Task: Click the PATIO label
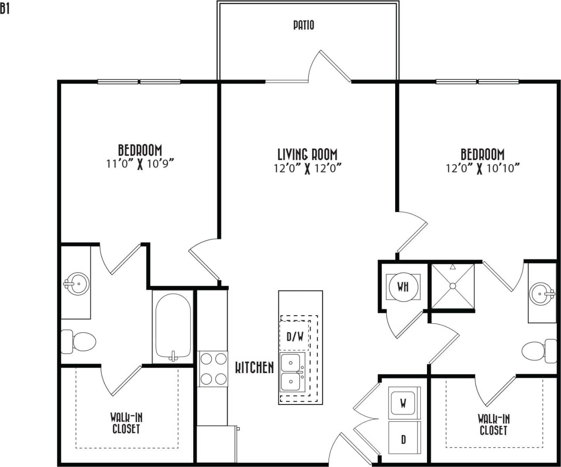coord(304,25)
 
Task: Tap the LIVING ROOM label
coord(307,154)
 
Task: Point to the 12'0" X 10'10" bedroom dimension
coord(482,168)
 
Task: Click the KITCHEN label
coord(254,367)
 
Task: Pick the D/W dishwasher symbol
coord(295,337)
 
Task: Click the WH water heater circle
coord(403,287)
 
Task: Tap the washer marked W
coord(403,403)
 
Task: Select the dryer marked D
coord(403,439)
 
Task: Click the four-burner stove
coord(213,369)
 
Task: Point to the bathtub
coord(173,326)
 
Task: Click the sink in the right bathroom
coord(542,293)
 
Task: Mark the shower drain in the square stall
coord(453,286)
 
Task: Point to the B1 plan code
coord(5,9)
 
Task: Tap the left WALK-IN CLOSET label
coord(126,423)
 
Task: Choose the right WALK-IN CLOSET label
coord(494,424)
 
